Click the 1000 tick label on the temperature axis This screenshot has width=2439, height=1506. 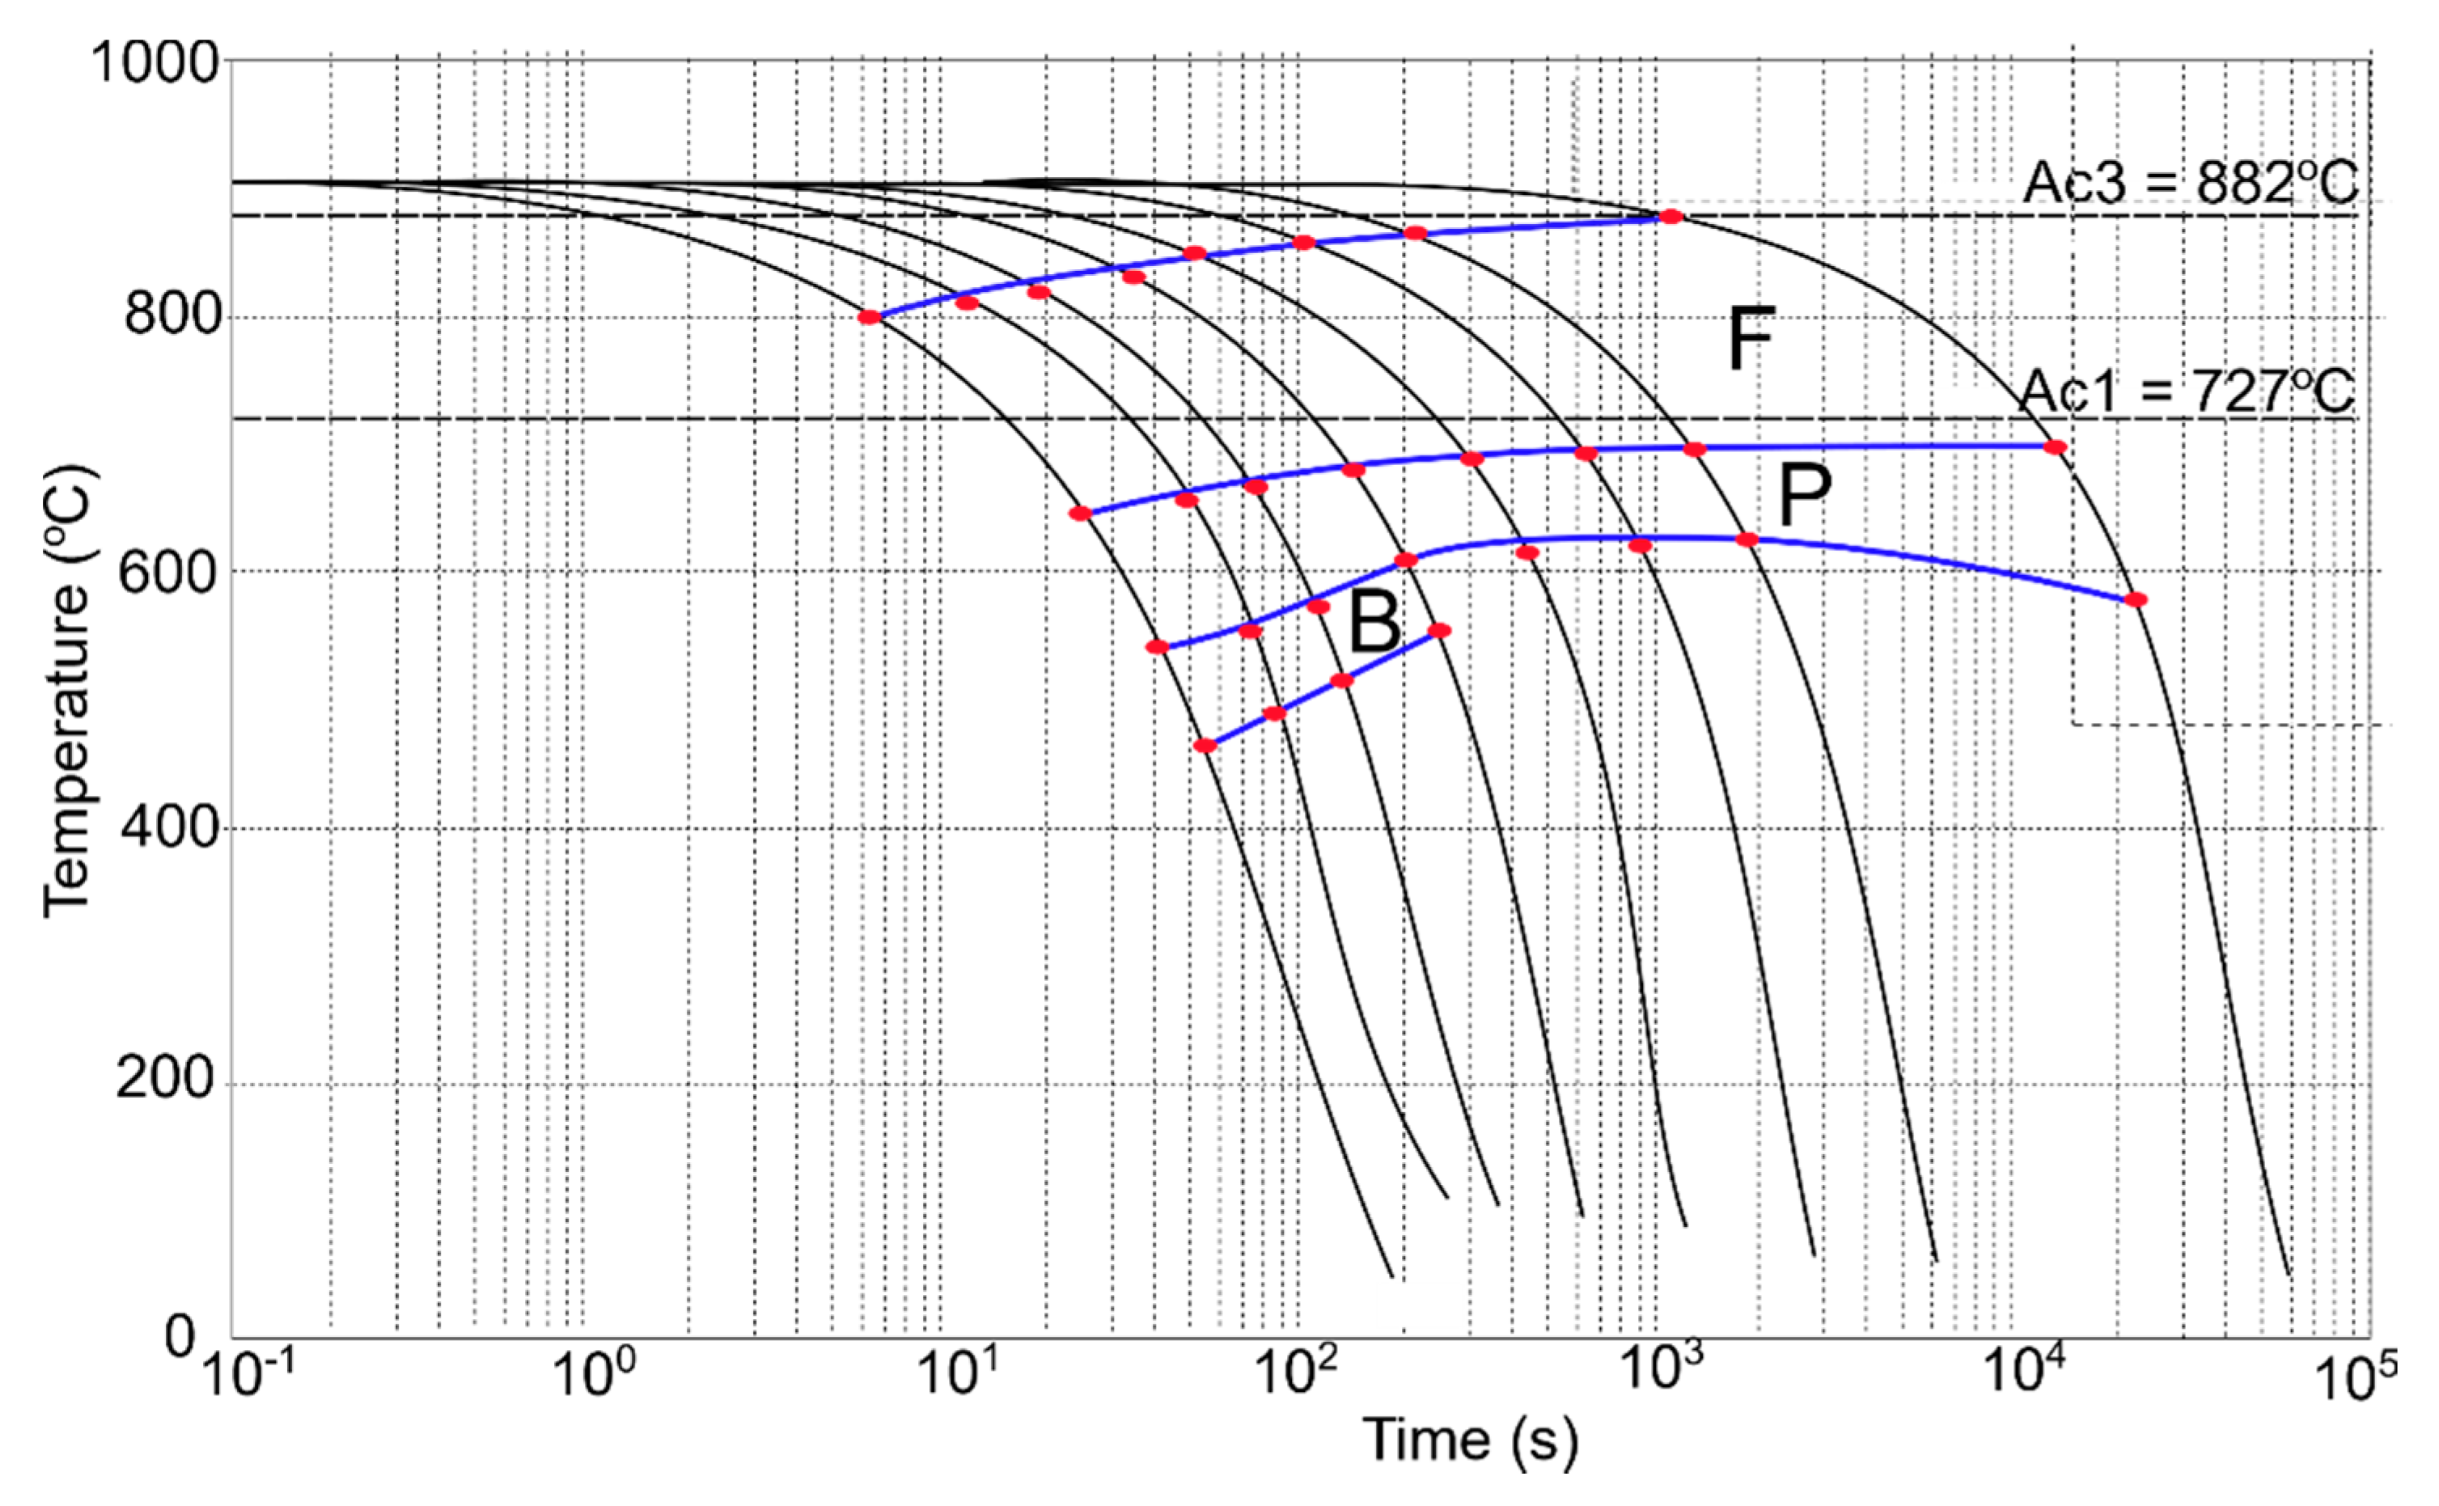tap(155, 63)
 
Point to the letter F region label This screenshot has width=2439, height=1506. tap(1750, 339)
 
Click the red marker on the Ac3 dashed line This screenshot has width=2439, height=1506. tap(1671, 216)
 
